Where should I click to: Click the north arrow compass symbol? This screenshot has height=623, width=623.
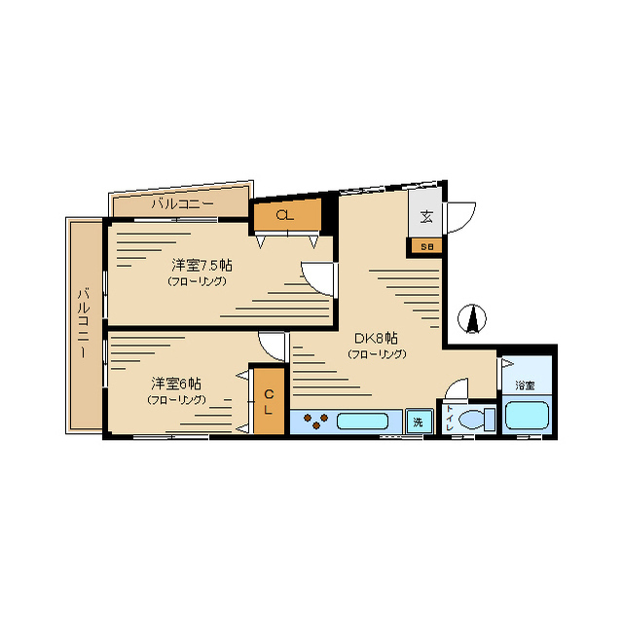(x=472, y=318)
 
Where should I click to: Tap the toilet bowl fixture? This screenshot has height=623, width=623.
(x=476, y=420)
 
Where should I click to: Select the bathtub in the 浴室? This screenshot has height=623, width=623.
(x=527, y=416)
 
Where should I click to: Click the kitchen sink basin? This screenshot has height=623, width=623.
(x=362, y=421)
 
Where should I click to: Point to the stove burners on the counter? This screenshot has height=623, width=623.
(x=315, y=421)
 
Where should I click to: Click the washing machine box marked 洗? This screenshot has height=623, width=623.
(x=420, y=421)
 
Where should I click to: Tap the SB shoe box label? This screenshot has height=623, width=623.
(x=426, y=246)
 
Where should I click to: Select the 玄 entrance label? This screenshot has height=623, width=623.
(x=426, y=216)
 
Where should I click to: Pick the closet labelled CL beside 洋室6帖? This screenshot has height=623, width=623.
(x=270, y=401)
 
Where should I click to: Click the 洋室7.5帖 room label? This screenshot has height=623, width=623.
(x=202, y=265)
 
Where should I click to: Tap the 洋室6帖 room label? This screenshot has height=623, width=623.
(x=175, y=384)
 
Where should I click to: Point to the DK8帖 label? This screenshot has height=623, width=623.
(x=376, y=339)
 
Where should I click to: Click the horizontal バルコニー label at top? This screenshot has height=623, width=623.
(x=183, y=204)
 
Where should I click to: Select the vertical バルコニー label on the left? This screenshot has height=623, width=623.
(x=84, y=324)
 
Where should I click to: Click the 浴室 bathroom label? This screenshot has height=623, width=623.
(x=525, y=385)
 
